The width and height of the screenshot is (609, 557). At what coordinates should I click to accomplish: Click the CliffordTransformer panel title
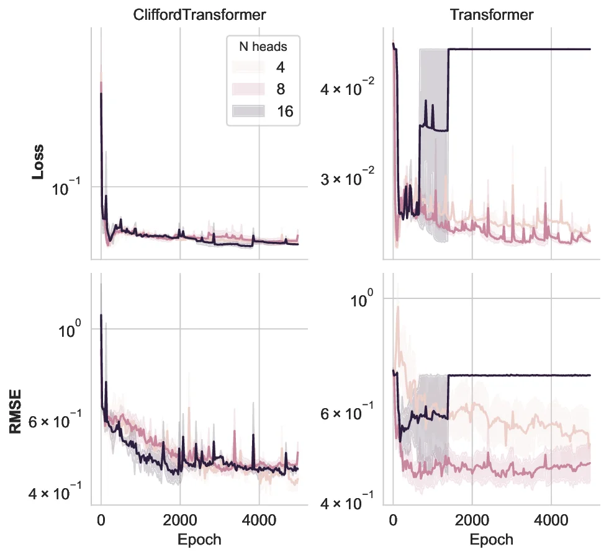tap(199, 15)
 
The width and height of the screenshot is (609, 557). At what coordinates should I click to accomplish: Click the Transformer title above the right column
tap(492, 15)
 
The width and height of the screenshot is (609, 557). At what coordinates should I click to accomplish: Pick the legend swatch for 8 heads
tap(248, 89)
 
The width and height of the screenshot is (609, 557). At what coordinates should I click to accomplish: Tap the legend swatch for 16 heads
tap(248, 111)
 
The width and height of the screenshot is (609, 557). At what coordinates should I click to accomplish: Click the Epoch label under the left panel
tap(199, 540)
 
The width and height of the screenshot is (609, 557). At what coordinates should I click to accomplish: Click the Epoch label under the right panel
tap(492, 540)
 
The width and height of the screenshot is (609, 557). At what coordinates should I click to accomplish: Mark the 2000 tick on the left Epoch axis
tap(179, 519)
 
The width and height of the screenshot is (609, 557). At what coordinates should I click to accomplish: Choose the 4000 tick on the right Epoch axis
tap(551, 519)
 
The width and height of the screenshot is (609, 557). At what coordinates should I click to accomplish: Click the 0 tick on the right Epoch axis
tap(393, 519)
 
